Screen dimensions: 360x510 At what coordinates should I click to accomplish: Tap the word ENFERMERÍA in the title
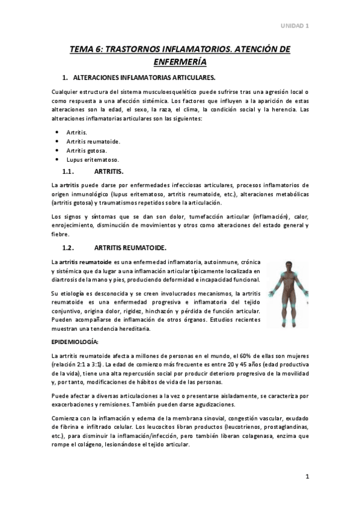click(180, 62)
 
